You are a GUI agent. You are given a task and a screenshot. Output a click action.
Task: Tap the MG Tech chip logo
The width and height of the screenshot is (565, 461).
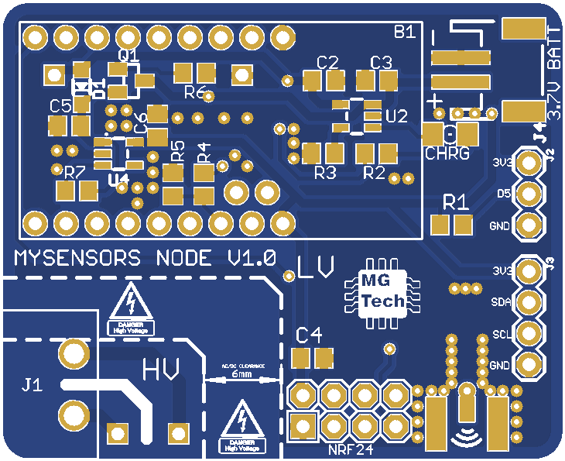tap(382, 291)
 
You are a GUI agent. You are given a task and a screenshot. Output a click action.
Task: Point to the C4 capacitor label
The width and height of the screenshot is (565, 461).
tap(310, 335)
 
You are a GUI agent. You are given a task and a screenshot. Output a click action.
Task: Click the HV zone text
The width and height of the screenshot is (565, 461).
tap(162, 369)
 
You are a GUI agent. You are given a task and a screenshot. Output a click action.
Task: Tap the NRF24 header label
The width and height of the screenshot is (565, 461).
tap(350, 449)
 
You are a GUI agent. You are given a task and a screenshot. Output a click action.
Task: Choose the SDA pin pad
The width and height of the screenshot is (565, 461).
tap(529, 302)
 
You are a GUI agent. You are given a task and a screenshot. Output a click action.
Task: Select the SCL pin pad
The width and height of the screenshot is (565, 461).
tap(529, 333)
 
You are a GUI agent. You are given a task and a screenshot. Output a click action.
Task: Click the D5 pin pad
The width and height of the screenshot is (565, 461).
tap(529, 194)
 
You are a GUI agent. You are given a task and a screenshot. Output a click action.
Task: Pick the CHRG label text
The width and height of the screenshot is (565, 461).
tap(447, 153)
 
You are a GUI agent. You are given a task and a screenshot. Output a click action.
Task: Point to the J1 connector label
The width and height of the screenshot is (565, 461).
tap(32, 384)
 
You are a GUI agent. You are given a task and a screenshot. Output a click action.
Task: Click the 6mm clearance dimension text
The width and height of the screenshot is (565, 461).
tap(241, 374)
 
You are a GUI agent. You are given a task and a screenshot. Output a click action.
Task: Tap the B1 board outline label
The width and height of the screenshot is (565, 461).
tap(405, 33)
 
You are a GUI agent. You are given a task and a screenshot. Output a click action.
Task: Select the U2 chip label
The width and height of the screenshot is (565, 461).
tap(395, 117)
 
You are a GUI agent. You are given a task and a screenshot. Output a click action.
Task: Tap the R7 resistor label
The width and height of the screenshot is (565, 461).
tap(74, 172)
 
